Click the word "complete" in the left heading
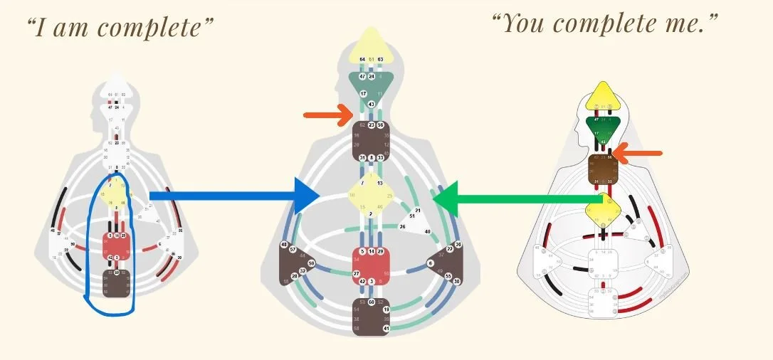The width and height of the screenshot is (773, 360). [154, 28]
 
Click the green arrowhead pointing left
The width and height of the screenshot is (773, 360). [447, 197]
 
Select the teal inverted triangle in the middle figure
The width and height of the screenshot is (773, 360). [370, 86]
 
